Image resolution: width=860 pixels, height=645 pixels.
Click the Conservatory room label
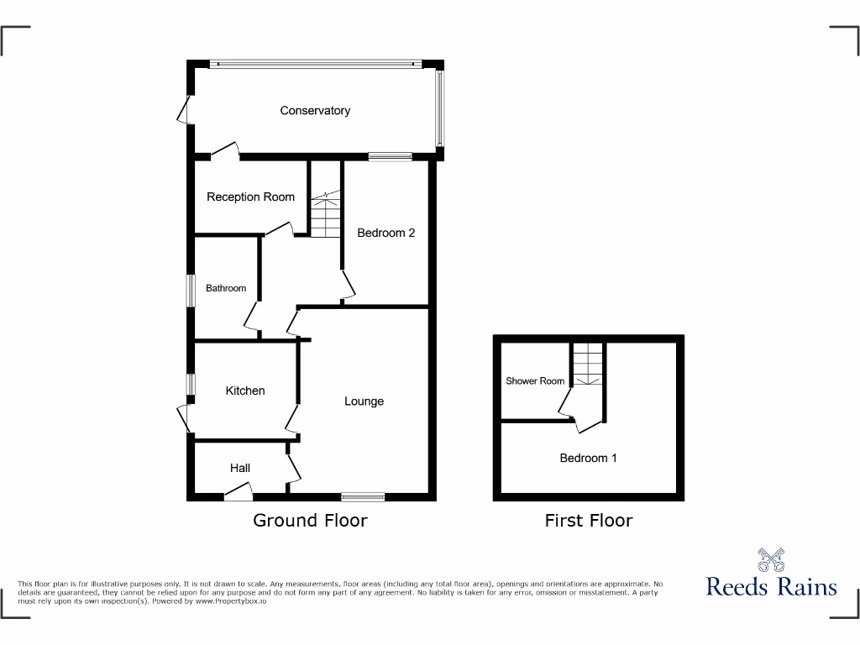coord(315,111)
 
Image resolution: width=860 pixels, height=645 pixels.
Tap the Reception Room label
coord(250,197)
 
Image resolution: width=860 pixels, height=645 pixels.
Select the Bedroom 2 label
coord(386,233)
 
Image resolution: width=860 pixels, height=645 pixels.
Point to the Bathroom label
coord(226,288)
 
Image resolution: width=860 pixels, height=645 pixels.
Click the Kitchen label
coord(245,391)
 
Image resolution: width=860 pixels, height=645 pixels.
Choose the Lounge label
coord(364,401)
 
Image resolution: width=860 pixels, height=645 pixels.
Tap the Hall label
coord(240,468)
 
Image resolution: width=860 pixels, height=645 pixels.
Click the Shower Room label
coord(535,381)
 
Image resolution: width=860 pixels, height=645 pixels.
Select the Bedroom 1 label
coord(589,458)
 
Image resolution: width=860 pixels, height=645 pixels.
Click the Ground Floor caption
coord(310,521)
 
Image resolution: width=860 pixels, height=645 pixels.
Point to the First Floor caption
coord(589,521)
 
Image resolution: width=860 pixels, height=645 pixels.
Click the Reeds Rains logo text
coord(771,585)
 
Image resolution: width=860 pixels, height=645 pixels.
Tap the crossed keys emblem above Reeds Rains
coord(771,559)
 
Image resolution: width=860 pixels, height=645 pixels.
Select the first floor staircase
coord(588,364)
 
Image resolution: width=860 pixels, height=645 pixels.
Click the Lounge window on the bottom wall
coord(363,496)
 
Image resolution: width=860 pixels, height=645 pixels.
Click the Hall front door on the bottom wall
coord(238,494)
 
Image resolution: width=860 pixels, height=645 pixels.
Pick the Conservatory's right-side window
coord(439,107)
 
